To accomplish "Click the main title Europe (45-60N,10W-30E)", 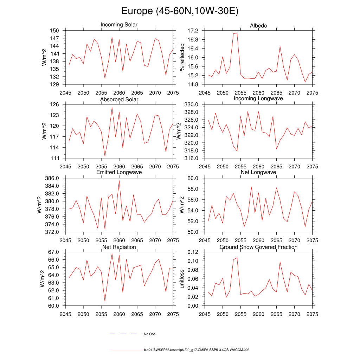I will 180,11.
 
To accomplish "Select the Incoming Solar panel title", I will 119,25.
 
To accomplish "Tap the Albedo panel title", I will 258,26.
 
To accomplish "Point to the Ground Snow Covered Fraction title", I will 258,247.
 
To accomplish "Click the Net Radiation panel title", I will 119,247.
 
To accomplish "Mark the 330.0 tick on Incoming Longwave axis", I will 192,104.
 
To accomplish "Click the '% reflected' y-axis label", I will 182,57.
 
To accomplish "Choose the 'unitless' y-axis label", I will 182,279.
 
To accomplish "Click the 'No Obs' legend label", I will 150,334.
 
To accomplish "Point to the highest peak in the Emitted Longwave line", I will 119,180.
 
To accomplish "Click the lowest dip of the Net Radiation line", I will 105,301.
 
